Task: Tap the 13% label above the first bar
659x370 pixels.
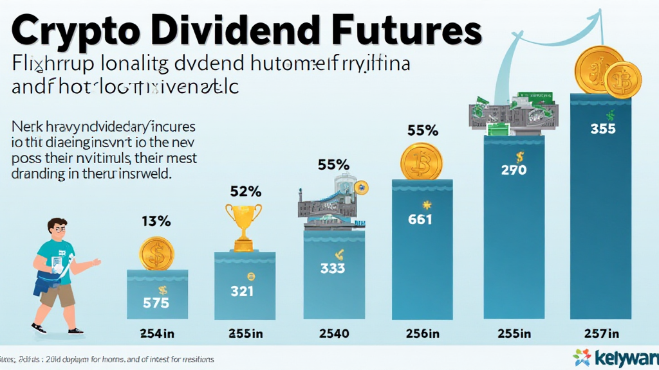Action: coord(156,222)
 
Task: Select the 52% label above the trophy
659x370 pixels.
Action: coord(246,191)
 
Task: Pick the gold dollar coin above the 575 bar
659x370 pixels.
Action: coord(157,253)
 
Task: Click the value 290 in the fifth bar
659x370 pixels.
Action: coord(514,170)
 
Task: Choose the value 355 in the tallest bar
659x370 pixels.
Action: coord(603,128)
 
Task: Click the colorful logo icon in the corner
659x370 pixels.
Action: coord(581,358)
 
